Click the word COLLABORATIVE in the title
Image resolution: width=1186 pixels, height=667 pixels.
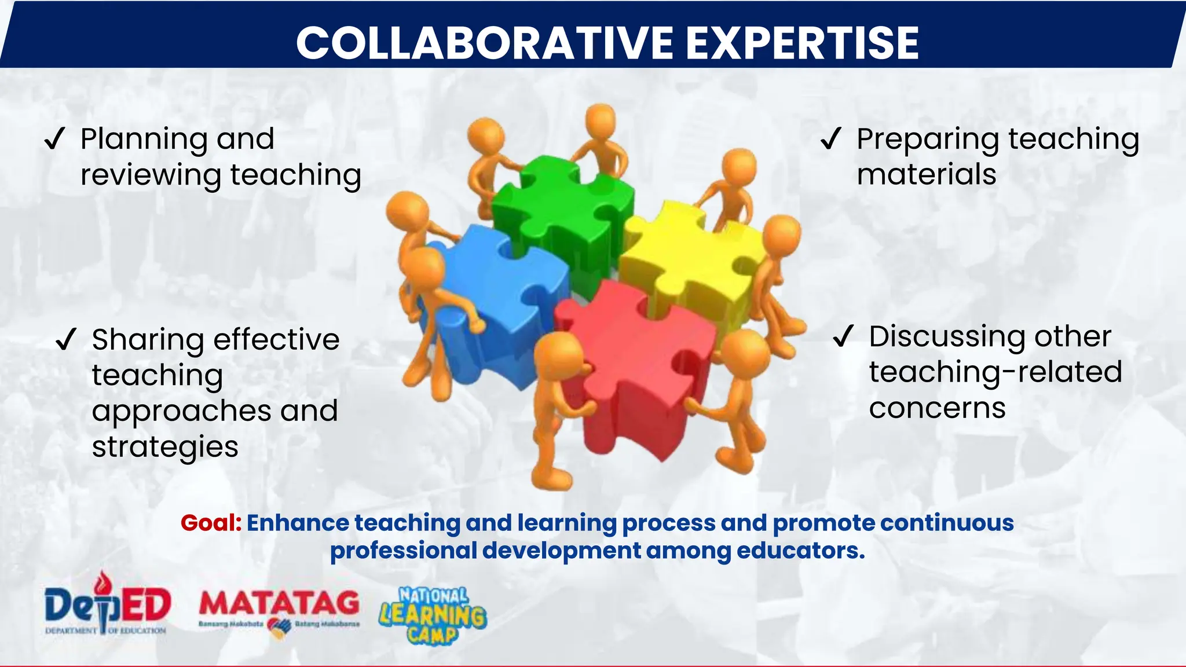[484, 43]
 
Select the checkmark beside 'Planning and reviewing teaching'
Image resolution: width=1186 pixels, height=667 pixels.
[55, 139]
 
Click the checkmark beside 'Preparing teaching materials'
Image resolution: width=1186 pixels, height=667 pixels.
[831, 139]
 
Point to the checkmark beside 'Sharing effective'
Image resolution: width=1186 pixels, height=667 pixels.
[66, 339]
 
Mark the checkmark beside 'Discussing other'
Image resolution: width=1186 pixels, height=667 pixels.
[843, 336]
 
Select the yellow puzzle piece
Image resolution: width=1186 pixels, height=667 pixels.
[689, 261]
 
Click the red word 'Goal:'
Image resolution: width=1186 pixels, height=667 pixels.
[211, 523]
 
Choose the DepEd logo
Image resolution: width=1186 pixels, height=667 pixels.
[107, 605]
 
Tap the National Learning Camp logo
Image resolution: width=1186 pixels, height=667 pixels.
[433, 615]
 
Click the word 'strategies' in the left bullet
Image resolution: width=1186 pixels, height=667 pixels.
[165, 447]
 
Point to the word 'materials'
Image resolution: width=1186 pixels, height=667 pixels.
[927, 174]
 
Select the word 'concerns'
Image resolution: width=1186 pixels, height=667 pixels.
[937, 408]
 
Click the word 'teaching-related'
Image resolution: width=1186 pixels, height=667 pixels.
[995, 372]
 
